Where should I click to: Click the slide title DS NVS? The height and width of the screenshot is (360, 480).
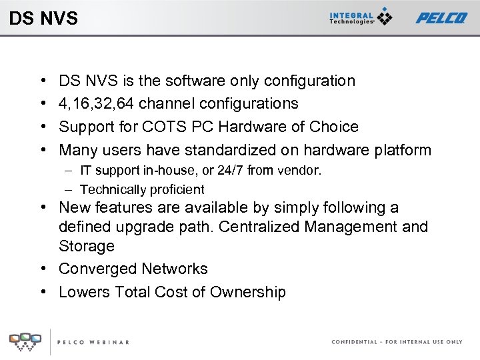pos(43,18)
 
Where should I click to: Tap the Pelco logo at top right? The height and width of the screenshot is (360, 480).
pos(441,18)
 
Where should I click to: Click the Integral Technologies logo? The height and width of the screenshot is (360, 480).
pos(361,17)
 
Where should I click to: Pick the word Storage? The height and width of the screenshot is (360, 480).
pos(87,246)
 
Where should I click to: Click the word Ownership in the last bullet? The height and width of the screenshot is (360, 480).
pos(247,292)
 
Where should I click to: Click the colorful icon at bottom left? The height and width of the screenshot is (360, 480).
pos(24,341)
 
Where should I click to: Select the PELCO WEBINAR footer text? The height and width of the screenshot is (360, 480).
pos(93,342)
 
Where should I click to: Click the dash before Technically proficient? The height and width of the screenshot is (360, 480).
pos(69,190)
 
